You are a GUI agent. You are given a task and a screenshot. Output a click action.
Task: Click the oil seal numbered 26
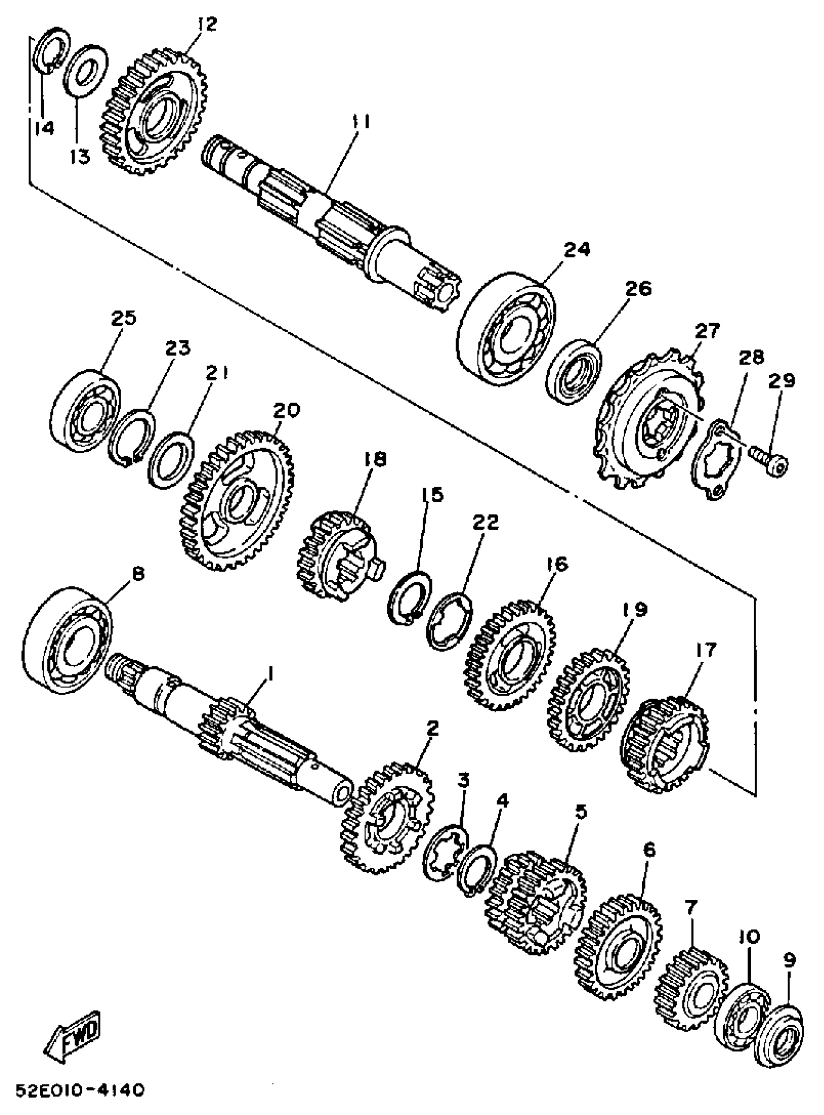pyautogui.click(x=573, y=370)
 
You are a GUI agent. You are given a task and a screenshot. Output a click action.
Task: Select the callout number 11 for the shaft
pyautogui.click(x=359, y=122)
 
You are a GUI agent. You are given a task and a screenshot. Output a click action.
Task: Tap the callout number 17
pyautogui.click(x=707, y=650)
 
